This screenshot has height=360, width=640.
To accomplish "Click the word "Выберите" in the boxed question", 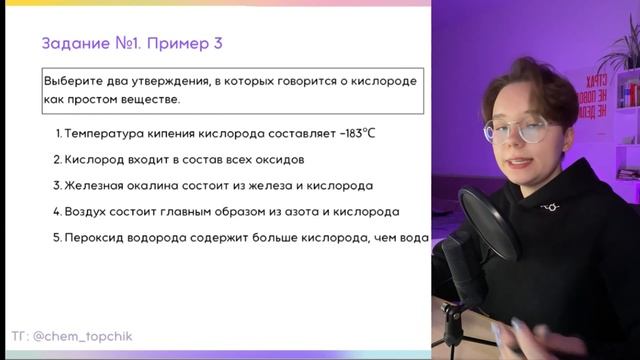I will [71, 80].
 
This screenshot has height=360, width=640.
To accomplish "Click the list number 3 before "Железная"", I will [56, 185].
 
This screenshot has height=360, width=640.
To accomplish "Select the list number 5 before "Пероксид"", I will [56, 238].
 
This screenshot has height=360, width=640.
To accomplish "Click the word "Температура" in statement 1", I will [100, 133].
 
